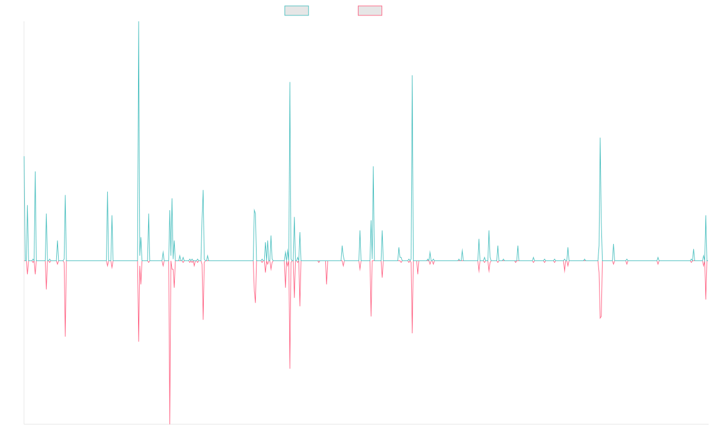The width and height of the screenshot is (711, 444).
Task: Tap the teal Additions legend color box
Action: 297,11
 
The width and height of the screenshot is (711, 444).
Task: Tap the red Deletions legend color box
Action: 370,11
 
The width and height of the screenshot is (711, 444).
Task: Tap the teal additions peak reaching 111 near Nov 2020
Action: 412,75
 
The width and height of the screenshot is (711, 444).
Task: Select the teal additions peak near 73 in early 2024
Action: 600,138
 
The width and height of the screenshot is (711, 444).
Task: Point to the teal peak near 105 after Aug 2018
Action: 290,82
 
